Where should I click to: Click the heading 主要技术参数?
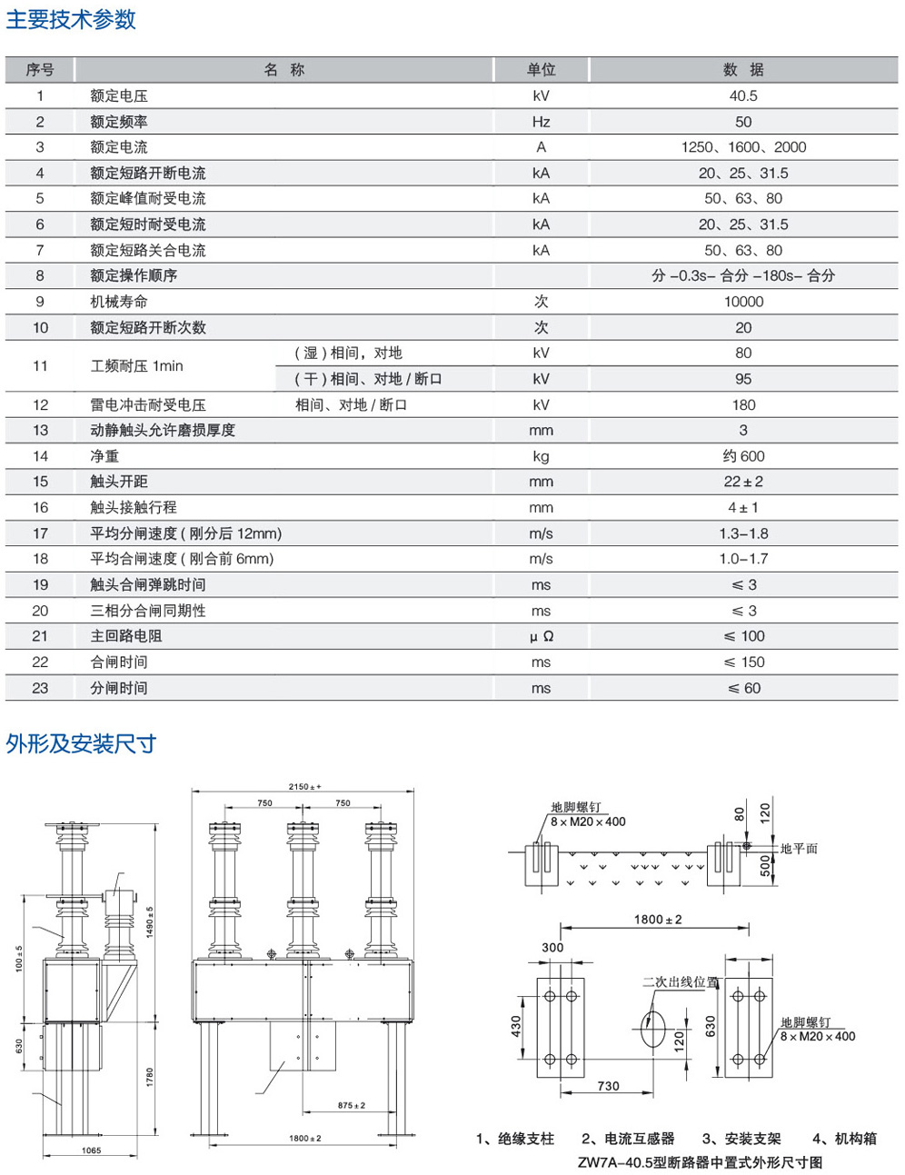(71, 19)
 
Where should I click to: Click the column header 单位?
(541, 70)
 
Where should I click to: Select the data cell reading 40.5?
(742, 95)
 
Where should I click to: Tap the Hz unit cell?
(541, 122)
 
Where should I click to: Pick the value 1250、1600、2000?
(742, 147)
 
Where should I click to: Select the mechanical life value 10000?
(742, 302)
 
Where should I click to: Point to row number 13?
(40, 431)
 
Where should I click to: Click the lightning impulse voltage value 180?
(742, 405)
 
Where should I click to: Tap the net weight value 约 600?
(742, 456)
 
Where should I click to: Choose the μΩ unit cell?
(541, 636)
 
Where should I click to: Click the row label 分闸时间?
(119, 688)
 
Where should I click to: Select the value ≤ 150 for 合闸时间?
(743, 662)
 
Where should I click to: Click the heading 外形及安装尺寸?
(81, 744)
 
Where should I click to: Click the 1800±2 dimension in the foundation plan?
(657, 920)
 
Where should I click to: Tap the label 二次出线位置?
(680, 982)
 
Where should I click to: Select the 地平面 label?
(799, 849)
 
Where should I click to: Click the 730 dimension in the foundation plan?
(608, 1086)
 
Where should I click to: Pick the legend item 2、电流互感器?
(628, 1139)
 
